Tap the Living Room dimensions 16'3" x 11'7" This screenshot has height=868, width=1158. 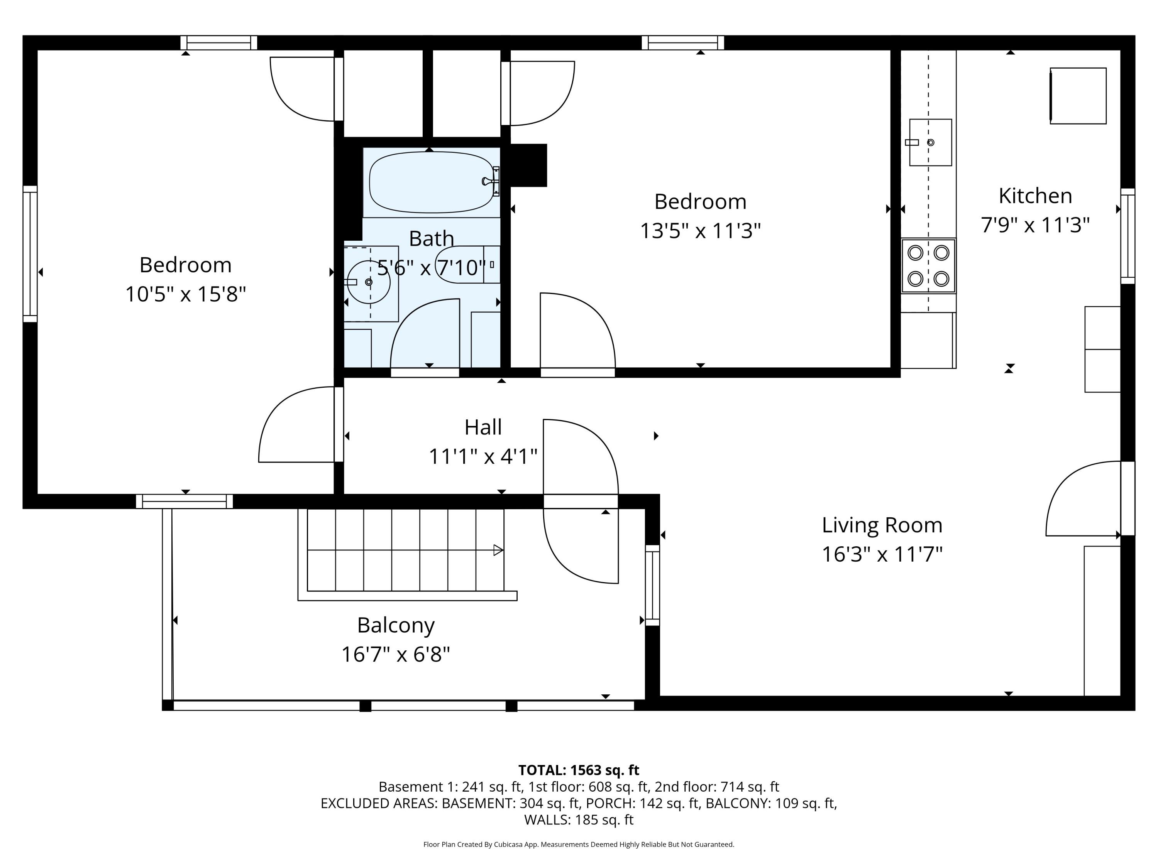[882, 554]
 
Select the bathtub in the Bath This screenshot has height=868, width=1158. [432, 182]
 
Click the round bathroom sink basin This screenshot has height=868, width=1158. [369, 282]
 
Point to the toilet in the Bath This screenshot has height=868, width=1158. [467, 265]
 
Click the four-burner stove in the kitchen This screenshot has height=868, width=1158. [928, 266]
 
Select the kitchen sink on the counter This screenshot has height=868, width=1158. [930, 142]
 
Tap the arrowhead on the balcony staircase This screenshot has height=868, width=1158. [498, 550]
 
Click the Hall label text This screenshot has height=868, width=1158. [482, 427]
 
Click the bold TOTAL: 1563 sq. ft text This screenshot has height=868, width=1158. [579, 770]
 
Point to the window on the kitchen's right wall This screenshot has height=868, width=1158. [1127, 236]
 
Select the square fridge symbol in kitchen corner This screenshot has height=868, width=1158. [1078, 96]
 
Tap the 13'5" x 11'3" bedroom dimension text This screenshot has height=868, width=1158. [700, 231]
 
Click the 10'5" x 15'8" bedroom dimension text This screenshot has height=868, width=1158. [185, 294]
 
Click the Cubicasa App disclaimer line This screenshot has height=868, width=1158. [579, 844]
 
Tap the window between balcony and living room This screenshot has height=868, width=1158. [652, 585]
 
